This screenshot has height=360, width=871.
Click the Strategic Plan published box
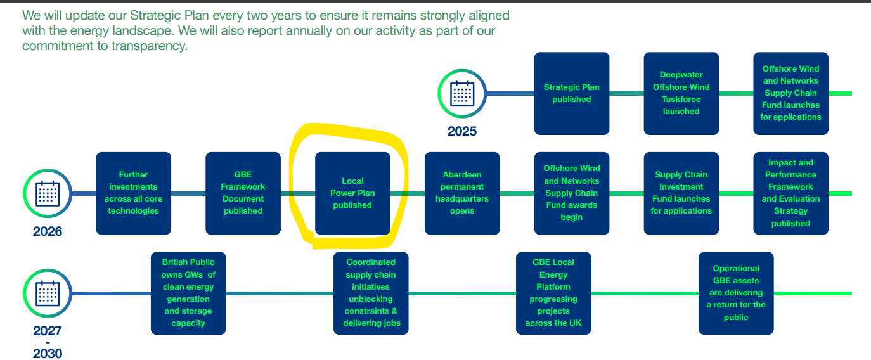(x=572, y=93)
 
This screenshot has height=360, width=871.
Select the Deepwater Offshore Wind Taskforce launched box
(x=681, y=93)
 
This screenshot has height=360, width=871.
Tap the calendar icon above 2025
(x=462, y=94)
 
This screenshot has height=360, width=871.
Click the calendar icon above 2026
(x=48, y=193)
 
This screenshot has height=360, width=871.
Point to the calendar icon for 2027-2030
(x=48, y=293)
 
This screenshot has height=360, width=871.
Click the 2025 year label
(x=462, y=131)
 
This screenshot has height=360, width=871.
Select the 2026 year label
(x=48, y=231)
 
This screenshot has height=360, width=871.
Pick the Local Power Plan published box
(x=352, y=193)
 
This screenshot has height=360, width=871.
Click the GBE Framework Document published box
(x=243, y=193)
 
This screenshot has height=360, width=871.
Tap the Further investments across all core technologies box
(x=133, y=193)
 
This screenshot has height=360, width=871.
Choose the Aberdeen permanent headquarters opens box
(x=462, y=193)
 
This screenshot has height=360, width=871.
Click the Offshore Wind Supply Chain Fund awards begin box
(x=572, y=193)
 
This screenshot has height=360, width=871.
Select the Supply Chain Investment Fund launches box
(x=681, y=193)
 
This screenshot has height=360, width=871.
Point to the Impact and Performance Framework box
(x=791, y=193)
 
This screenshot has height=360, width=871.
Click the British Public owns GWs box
(x=188, y=293)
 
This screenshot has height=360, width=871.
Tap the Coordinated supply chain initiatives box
(x=371, y=293)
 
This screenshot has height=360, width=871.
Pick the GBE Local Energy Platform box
(x=553, y=293)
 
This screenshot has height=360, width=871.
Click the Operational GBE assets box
(x=736, y=293)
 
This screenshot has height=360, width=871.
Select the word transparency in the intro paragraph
(x=149, y=46)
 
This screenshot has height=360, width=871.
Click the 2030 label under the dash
(x=48, y=354)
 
